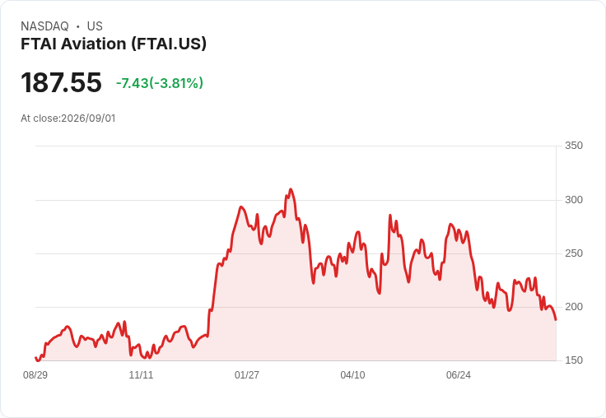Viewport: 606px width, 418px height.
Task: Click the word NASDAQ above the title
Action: (x=44, y=26)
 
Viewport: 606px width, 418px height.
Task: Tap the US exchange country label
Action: (x=95, y=26)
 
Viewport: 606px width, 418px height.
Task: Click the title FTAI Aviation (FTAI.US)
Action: (x=114, y=44)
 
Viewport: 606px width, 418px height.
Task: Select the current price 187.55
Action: (x=61, y=82)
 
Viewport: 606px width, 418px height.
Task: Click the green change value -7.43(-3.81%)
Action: (x=160, y=83)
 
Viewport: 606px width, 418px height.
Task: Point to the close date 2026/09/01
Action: (x=88, y=118)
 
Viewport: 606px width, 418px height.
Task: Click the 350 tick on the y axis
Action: (x=574, y=146)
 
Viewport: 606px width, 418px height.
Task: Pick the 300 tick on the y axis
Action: (x=574, y=200)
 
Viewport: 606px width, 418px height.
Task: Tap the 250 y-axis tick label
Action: (x=574, y=253)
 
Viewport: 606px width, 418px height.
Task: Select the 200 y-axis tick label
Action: (x=574, y=307)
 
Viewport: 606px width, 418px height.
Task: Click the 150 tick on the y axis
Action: (x=574, y=360)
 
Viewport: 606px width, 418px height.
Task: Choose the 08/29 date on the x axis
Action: (x=35, y=374)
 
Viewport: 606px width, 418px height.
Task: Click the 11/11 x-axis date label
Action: (x=141, y=374)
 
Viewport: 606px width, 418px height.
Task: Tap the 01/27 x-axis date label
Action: (x=246, y=374)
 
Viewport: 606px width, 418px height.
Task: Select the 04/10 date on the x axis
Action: (x=352, y=374)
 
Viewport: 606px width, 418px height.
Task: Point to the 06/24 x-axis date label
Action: (x=459, y=374)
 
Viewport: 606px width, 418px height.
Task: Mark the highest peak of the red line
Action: (x=291, y=189)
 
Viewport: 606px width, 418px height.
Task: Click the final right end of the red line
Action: (x=556, y=319)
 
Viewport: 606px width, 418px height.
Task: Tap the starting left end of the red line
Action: (x=36, y=358)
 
